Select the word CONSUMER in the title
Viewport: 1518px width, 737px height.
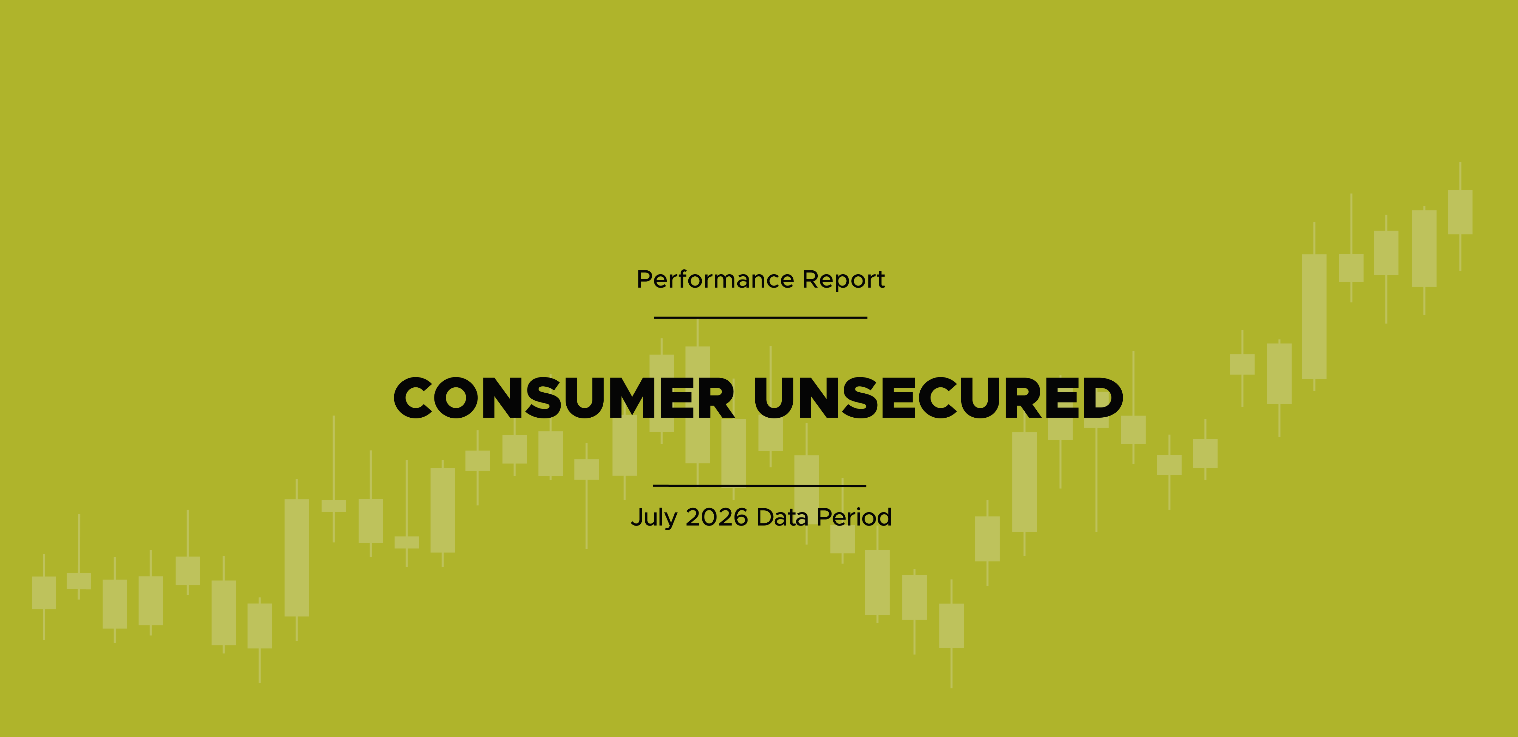564,398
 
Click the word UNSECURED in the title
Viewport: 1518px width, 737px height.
939,398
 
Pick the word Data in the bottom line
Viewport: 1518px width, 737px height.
782,517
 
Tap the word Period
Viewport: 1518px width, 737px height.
854,517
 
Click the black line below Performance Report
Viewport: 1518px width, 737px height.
760,318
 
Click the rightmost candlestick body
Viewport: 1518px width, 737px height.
1460,212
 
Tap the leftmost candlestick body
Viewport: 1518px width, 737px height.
44,592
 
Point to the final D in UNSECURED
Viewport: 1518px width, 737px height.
1102,398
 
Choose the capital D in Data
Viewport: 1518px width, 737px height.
766,517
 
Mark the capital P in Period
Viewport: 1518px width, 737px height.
824,517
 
